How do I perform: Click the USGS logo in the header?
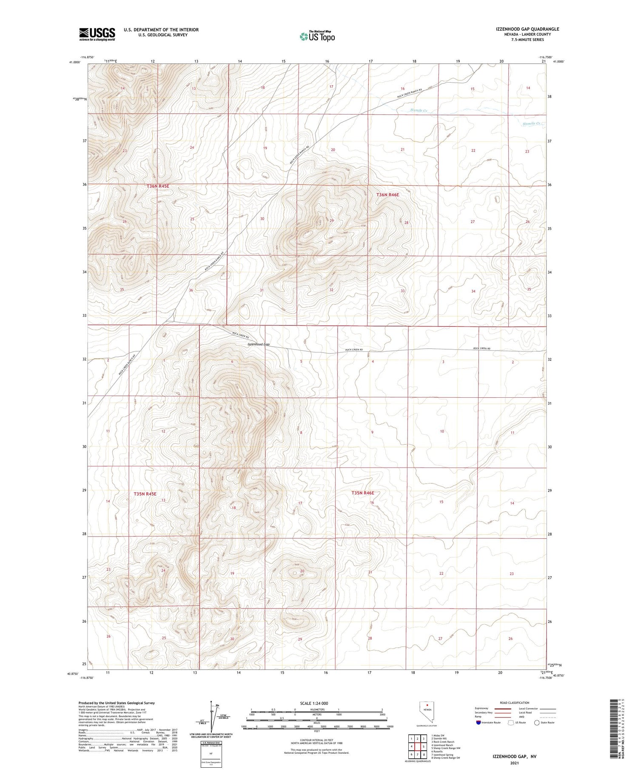pos(97,34)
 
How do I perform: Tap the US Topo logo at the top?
pos(317,37)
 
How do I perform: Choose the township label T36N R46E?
pos(387,195)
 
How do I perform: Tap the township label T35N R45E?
pos(145,494)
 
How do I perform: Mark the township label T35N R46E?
pos(363,493)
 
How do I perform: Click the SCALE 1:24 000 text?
pos(314,703)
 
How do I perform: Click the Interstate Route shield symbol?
pos(478,723)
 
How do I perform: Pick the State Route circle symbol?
pos(537,723)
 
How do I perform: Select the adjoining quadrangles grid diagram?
pos(418,746)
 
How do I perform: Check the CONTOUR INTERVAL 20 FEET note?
pos(316,740)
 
